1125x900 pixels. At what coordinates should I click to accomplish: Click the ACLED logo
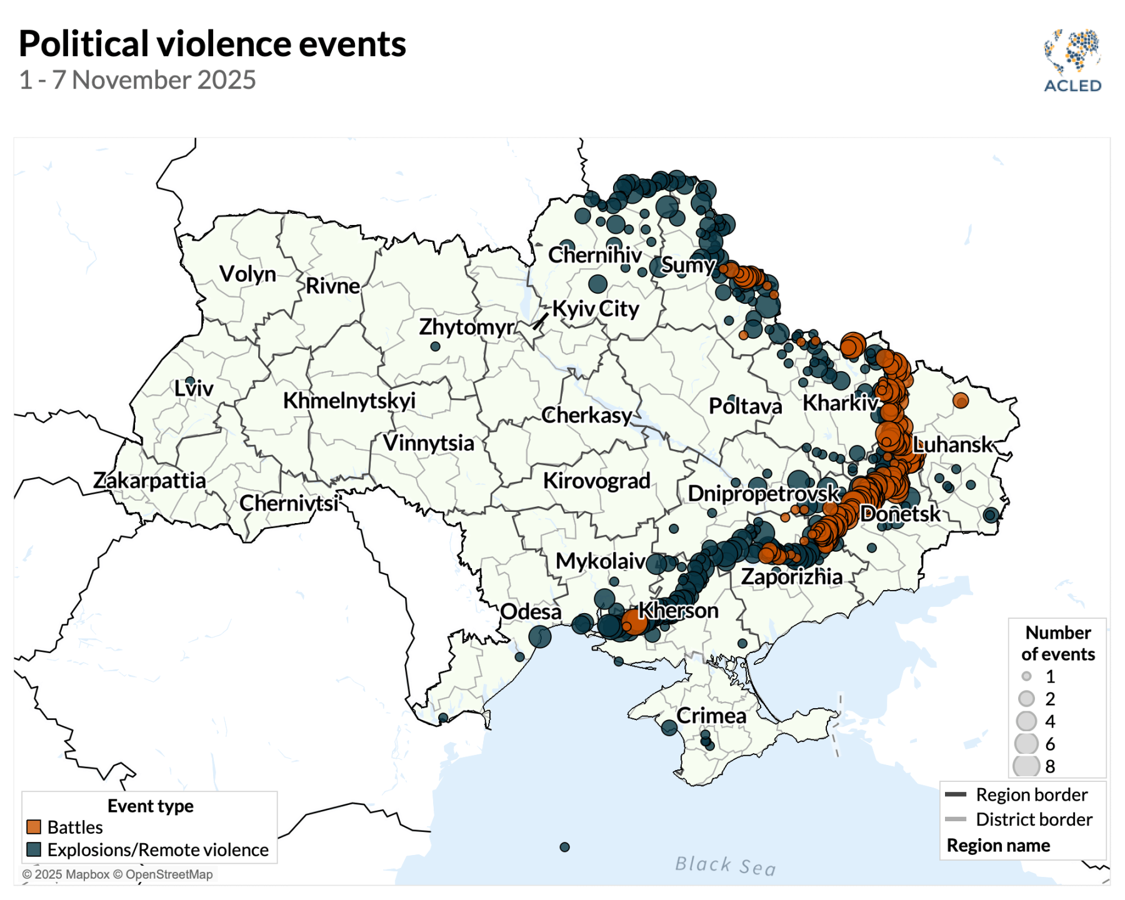point(1072,61)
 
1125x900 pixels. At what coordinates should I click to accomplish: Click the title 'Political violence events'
point(212,44)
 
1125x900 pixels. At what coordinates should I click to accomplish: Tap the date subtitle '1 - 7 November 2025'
point(137,80)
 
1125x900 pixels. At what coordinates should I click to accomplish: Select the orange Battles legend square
point(34,827)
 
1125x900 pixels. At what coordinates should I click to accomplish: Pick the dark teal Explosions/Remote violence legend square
point(34,849)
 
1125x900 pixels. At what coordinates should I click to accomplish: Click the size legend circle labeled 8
point(1026,766)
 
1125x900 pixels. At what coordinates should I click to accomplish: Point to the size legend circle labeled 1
point(1026,676)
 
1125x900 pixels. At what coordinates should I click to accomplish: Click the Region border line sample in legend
point(956,794)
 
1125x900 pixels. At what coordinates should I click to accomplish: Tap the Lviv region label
point(194,388)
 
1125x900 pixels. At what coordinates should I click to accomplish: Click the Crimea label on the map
point(711,716)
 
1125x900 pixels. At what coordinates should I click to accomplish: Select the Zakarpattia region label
point(149,480)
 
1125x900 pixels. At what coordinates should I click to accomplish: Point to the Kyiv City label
point(596,309)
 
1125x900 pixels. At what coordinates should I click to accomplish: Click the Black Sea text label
point(725,866)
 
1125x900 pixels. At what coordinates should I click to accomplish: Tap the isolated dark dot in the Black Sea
point(564,847)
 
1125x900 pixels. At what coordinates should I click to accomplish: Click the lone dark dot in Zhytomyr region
point(436,346)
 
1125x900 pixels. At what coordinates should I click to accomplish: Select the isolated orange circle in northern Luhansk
point(961,401)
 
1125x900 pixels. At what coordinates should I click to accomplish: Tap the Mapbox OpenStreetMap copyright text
point(117,874)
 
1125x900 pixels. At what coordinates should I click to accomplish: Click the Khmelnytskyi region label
point(349,401)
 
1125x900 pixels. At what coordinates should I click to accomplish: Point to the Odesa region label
point(531,611)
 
